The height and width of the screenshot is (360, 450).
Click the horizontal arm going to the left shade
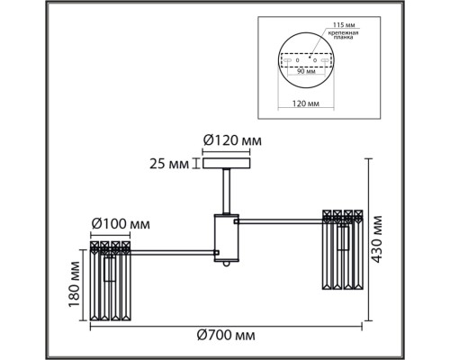171,249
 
